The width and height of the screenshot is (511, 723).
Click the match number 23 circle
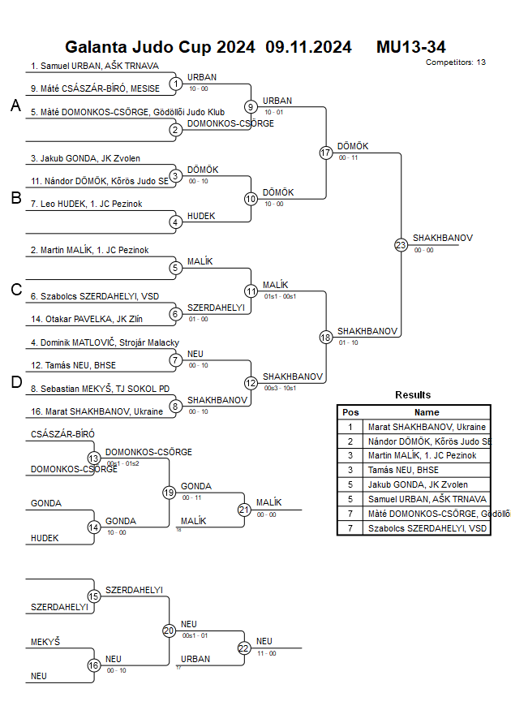(401, 245)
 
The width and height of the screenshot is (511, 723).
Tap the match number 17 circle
(326, 153)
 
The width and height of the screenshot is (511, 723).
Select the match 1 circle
(176, 84)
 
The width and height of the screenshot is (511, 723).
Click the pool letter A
(15, 106)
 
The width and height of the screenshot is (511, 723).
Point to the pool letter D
(15, 383)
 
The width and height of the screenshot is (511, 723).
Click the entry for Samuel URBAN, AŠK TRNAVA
(95, 66)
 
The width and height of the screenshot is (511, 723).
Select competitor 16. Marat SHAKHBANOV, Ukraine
(97, 411)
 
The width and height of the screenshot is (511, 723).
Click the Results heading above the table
(413, 394)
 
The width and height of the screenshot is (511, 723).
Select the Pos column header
(350, 412)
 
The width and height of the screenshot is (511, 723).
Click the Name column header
(427, 412)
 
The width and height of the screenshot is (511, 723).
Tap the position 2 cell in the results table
(350, 441)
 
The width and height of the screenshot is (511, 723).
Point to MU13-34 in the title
(410, 47)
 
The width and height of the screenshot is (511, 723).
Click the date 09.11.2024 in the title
(308, 47)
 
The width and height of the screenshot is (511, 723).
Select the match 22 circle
(244, 648)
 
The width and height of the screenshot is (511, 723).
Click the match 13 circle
(94, 458)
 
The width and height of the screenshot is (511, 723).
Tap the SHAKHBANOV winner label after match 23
(442, 238)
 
